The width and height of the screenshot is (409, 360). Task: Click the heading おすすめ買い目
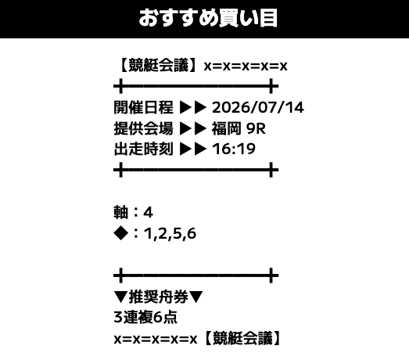click(208, 18)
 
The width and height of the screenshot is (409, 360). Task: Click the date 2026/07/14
click(258, 107)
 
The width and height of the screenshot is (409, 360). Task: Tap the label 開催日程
click(143, 107)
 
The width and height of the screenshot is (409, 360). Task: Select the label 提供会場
click(143, 128)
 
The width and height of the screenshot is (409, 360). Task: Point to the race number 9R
click(256, 128)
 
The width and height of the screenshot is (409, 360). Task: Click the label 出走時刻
click(143, 149)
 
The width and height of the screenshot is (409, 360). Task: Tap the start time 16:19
click(234, 149)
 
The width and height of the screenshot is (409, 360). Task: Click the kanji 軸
click(120, 212)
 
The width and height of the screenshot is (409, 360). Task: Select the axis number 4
click(148, 212)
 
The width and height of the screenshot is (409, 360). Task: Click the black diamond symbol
click(120, 233)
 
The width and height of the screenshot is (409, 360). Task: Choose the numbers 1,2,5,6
click(170, 233)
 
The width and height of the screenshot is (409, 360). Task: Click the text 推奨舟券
click(158, 297)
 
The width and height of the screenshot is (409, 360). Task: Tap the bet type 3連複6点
click(145, 318)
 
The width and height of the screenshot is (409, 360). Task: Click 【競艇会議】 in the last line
click(242, 339)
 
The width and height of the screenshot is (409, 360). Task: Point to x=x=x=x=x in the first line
click(246, 66)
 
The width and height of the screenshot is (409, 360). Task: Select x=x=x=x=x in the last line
click(156, 340)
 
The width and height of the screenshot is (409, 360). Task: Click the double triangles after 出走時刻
click(193, 149)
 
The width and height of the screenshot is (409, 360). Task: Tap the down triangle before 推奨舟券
click(120, 297)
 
